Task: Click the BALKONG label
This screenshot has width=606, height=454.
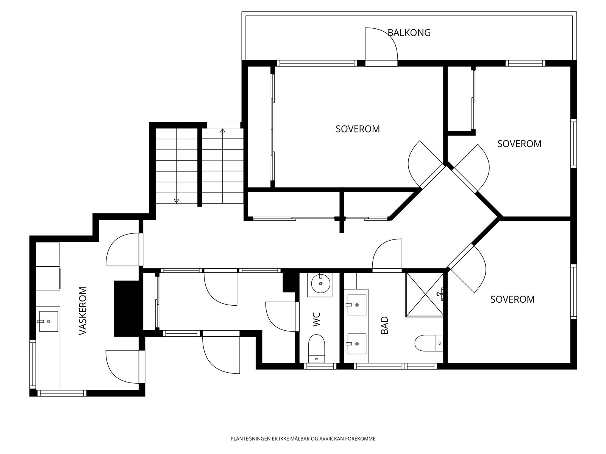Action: pyautogui.click(x=409, y=33)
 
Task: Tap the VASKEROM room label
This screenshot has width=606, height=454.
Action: pyautogui.click(x=83, y=311)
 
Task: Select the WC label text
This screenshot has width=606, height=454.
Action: pyautogui.click(x=317, y=319)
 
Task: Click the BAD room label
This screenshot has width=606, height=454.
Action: pyautogui.click(x=384, y=325)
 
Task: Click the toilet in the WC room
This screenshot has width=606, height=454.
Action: pyautogui.click(x=316, y=348)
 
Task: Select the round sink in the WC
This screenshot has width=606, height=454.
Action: pyautogui.click(x=320, y=283)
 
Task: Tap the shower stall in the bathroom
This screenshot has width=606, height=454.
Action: pyautogui.click(x=424, y=294)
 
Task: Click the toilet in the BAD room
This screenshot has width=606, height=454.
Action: pyautogui.click(x=429, y=343)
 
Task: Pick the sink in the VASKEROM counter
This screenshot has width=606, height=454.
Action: pyautogui.click(x=48, y=322)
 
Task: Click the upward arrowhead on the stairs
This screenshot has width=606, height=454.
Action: pyautogui.click(x=223, y=131)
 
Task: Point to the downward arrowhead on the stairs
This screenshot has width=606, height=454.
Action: pyautogui.click(x=177, y=201)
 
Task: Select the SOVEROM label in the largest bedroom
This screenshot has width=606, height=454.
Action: pyautogui.click(x=358, y=129)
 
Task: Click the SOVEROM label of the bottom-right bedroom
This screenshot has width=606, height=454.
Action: pyautogui.click(x=512, y=299)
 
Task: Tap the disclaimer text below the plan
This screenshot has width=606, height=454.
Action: pyautogui.click(x=303, y=438)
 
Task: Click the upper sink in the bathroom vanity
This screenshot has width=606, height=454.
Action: pyautogui.click(x=357, y=305)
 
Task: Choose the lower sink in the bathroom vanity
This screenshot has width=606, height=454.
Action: pyautogui.click(x=357, y=344)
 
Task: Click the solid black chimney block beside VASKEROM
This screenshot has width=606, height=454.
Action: pyautogui.click(x=127, y=308)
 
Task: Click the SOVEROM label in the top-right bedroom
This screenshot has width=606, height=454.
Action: pyautogui.click(x=519, y=144)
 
